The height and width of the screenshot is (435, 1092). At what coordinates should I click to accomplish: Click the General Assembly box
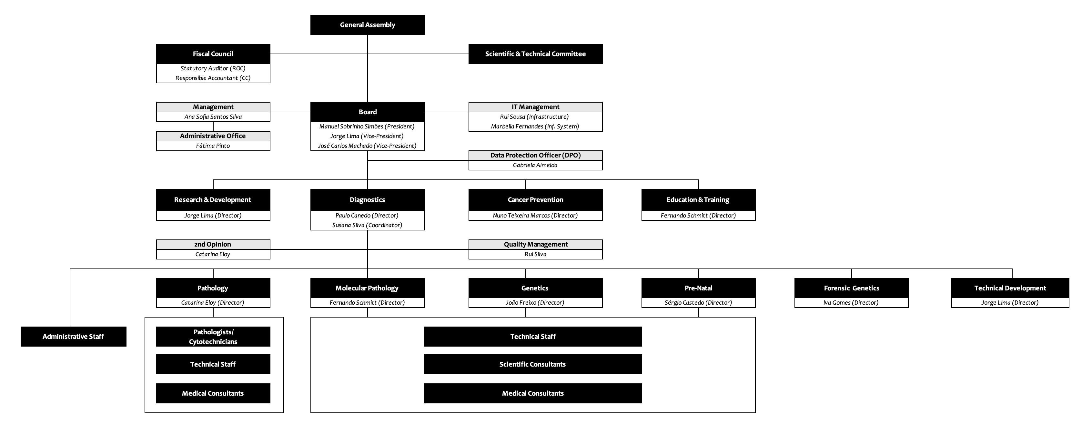pos(367,25)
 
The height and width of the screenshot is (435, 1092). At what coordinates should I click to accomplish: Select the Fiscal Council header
pos(213,54)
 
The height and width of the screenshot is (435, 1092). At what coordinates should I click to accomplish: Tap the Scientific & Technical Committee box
pos(535,54)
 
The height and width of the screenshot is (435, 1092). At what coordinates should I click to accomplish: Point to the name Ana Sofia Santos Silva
pos(213,116)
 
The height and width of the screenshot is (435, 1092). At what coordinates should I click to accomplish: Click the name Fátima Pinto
pos(213,146)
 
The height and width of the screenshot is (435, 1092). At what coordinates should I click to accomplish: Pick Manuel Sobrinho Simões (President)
pos(367,126)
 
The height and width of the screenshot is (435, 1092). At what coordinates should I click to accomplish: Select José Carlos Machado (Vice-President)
pos(367,146)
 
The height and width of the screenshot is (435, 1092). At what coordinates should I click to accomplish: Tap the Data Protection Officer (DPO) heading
pos(535,155)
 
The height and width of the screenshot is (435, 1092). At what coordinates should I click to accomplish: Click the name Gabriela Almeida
pos(535,165)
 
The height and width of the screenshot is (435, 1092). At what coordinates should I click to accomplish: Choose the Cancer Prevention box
pos(535,200)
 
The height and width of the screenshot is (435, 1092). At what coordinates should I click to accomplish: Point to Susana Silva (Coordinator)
pos(367,225)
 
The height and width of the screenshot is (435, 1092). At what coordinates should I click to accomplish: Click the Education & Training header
pos(698,200)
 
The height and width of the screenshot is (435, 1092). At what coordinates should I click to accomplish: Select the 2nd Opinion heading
pos(213,244)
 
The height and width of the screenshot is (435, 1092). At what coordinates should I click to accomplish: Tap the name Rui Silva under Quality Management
pos(535,254)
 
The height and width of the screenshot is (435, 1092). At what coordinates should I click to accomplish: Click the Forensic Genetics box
pos(851,288)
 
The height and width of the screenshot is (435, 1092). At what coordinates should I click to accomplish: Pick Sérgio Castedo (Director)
pos(698,303)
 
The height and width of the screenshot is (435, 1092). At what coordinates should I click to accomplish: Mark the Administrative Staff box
pos(73,337)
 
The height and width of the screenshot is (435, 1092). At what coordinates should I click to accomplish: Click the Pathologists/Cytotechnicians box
pos(213,337)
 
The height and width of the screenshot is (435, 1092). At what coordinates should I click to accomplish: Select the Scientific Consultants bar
pos(533,364)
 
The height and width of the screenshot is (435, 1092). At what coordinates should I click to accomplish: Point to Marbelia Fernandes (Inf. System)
pos(535,126)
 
